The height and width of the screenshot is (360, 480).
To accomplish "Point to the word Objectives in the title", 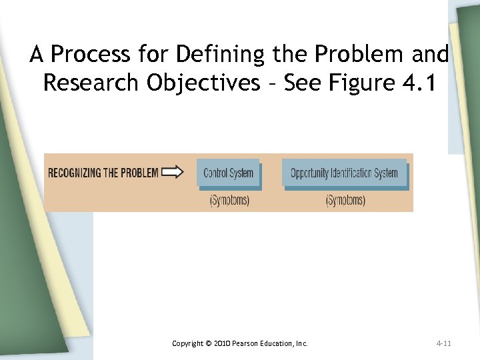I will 203,83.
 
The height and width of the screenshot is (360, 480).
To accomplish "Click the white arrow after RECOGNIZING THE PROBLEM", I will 173,173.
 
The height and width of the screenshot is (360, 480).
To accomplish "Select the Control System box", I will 228,173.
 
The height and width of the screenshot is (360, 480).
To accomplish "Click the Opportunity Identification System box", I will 344,173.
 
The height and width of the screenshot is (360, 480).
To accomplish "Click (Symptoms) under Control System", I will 229,200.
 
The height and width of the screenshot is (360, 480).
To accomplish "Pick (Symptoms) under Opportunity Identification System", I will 345,200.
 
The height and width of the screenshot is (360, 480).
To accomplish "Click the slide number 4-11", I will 443,343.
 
